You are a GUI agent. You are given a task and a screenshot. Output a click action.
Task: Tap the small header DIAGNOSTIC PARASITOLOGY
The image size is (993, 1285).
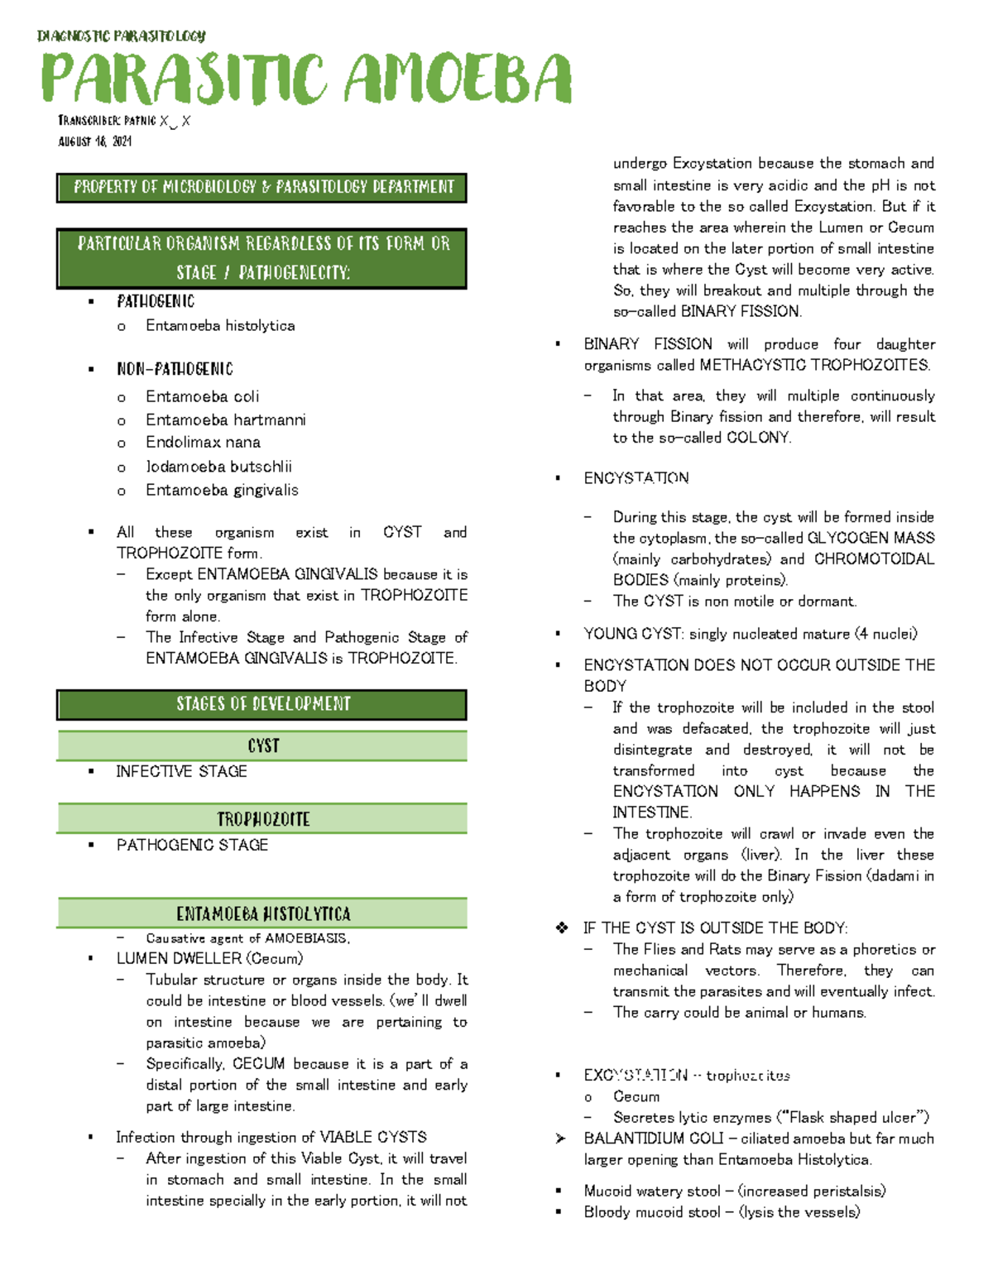pyautogui.click(x=121, y=36)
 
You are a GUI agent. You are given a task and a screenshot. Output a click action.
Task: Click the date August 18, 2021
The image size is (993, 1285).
pyautogui.click(x=94, y=141)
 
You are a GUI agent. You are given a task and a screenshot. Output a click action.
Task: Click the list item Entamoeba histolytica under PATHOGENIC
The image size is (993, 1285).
pyautogui.click(x=220, y=326)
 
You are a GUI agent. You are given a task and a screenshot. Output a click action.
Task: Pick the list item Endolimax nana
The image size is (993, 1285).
pyautogui.click(x=203, y=443)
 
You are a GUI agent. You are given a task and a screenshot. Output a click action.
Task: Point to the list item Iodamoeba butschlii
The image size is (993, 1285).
pyautogui.click(x=218, y=467)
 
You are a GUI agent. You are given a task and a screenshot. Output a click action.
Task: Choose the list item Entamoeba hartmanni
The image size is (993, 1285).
pyautogui.click(x=225, y=420)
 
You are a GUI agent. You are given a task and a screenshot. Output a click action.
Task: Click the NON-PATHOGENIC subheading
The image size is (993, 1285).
pyautogui.click(x=175, y=369)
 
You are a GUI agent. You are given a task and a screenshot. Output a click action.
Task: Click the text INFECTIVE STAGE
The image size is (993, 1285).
pyautogui.click(x=181, y=771)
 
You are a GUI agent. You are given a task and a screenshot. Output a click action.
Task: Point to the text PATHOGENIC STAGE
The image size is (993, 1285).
pyautogui.click(x=192, y=845)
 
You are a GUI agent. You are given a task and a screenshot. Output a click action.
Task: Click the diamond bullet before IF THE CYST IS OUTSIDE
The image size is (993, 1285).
pyautogui.click(x=562, y=928)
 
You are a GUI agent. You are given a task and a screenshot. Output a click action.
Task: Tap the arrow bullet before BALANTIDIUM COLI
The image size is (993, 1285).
pyautogui.click(x=560, y=1139)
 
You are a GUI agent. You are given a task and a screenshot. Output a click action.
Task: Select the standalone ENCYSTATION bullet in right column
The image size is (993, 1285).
pyautogui.click(x=636, y=478)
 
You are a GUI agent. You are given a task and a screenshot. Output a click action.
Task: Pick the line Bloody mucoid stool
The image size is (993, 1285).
pyautogui.click(x=722, y=1212)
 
